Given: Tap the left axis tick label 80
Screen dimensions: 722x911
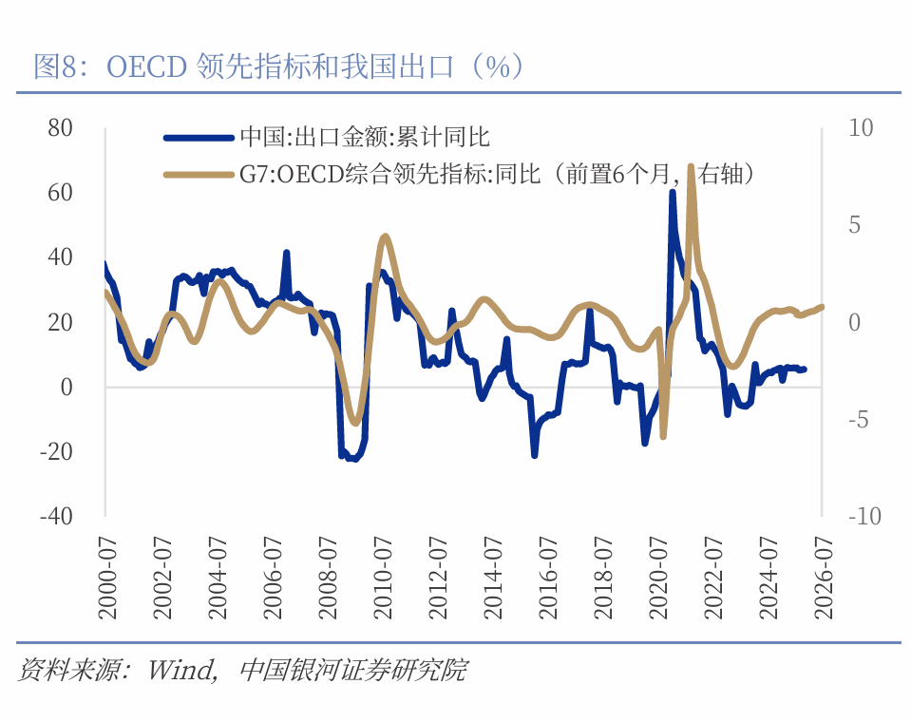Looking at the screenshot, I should click(x=60, y=127).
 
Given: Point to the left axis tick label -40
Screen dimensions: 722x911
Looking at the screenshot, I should click(x=56, y=516).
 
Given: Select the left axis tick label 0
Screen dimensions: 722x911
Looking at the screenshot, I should click(x=66, y=387).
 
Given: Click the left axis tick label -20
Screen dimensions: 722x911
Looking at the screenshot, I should click(x=56, y=451).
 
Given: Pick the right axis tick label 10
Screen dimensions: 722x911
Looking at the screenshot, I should click(x=861, y=127).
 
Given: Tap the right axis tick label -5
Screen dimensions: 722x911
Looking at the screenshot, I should click(x=857, y=419).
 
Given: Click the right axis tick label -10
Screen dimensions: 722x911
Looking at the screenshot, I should click(x=864, y=516).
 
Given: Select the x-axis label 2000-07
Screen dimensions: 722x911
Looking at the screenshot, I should click(x=107, y=577).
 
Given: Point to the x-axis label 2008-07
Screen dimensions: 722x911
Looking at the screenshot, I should click(x=328, y=577).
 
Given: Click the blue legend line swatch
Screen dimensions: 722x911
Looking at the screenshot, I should click(x=199, y=137).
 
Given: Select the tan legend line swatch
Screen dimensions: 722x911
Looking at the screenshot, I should click(x=199, y=175).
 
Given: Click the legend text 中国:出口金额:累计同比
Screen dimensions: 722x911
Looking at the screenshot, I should click(x=364, y=137).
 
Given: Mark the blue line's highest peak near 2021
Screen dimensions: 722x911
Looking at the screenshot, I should click(x=673, y=193).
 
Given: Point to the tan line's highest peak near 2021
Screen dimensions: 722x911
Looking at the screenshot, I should click(x=691, y=167).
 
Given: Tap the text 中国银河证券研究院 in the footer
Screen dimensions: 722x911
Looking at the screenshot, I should click(x=352, y=670).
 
